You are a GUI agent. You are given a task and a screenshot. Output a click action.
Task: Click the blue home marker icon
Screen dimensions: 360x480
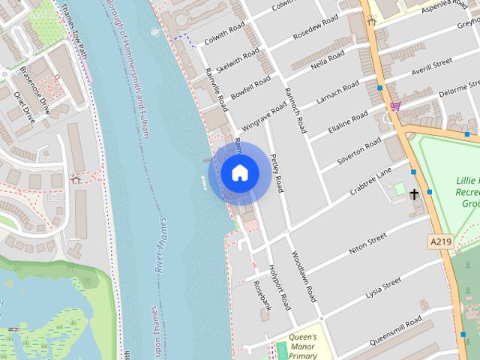[x=239, y=173]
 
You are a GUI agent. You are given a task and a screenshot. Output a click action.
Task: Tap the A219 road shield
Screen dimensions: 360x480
[x=442, y=241]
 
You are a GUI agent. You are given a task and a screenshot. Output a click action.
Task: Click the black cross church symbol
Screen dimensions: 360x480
[x=414, y=194]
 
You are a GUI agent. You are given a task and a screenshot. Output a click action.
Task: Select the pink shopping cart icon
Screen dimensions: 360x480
[x=394, y=106]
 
